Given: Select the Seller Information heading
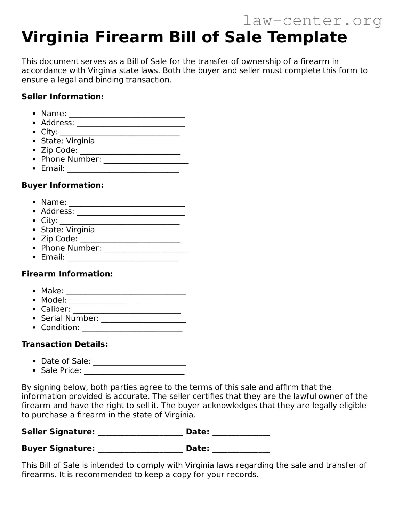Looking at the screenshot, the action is pos(63,97).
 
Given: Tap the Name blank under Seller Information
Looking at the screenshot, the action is pos(127,115).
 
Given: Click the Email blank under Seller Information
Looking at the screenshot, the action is pos(123,169).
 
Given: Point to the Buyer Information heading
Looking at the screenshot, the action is pos(63,185).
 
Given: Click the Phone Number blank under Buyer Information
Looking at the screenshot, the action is pos(146,249).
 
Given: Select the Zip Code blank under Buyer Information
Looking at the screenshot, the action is pos(130,240).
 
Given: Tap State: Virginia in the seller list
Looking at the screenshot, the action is pos(68,141).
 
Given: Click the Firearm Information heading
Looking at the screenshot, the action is pos(67,274).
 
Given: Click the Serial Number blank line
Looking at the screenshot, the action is pos(144,319).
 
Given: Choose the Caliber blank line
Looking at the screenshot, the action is pos(127,310).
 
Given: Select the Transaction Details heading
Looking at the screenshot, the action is pos(65,344).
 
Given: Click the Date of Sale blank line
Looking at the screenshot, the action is pos(139,362).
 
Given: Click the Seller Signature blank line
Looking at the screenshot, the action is pos(140,433).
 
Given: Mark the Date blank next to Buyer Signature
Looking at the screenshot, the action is pos(241,449).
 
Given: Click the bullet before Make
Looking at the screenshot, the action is pos(34,291).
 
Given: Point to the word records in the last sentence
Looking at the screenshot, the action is pos(242,474).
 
